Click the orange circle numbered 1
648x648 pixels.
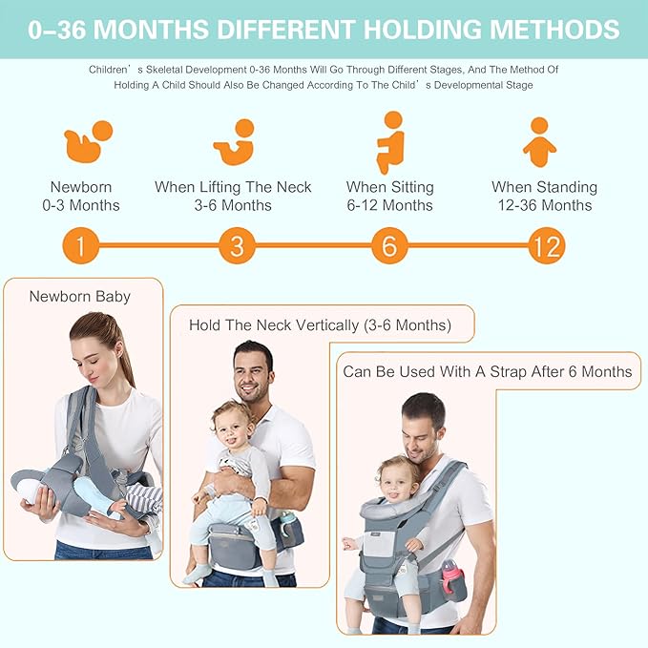[81, 247]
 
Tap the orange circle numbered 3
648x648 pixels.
[237, 247]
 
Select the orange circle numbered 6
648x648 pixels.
[389, 247]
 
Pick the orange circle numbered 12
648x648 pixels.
[546, 247]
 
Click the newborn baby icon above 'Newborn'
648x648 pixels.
[88, 141]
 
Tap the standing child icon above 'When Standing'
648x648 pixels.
[540, 141]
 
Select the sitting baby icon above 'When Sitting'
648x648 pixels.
[390, 141]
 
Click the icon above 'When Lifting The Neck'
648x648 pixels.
[235, 141]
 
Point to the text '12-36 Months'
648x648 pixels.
[544, 205]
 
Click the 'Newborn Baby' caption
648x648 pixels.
[79, 296]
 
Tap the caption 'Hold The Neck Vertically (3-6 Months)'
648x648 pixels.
[320, 324]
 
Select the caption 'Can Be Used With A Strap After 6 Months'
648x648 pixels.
[488, 371]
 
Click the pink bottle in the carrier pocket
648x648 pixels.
[450, 577]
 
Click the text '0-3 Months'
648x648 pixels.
[82, 205]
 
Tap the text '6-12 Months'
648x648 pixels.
[389, 205]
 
